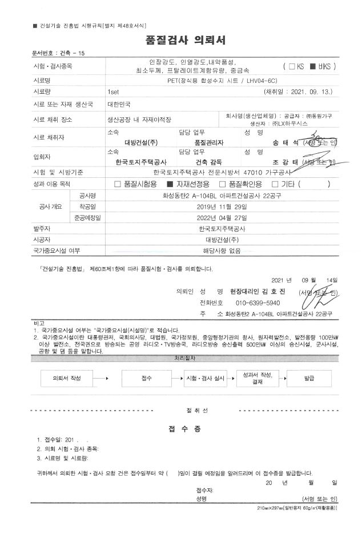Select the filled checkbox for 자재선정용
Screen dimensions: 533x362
(170, 184)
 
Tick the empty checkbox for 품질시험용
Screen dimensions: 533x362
(118, 184)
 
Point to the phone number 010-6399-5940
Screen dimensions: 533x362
(258, 303)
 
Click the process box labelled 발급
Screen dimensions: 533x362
(309, 379)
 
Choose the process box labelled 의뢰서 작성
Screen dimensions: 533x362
(67, 379)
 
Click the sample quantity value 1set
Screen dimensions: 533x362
(113, 92)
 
